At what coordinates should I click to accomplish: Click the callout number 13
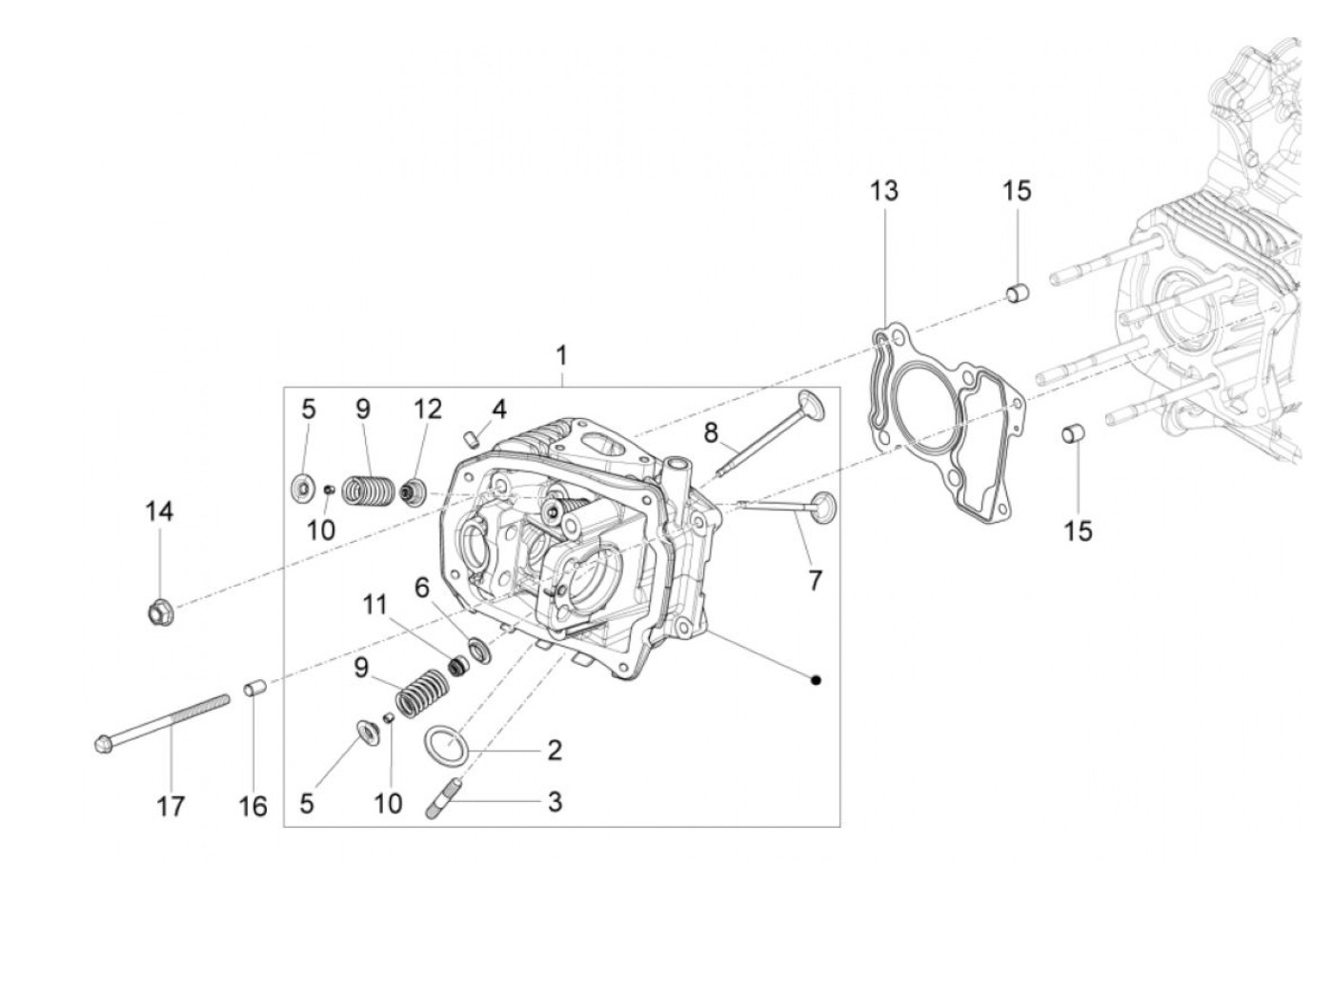883,190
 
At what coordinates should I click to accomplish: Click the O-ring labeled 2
442,744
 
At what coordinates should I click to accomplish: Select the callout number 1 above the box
561,356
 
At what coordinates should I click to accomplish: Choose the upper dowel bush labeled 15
1018,291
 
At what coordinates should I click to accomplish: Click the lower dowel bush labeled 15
1072,437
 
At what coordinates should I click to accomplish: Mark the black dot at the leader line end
816,679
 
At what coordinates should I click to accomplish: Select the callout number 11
375,604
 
